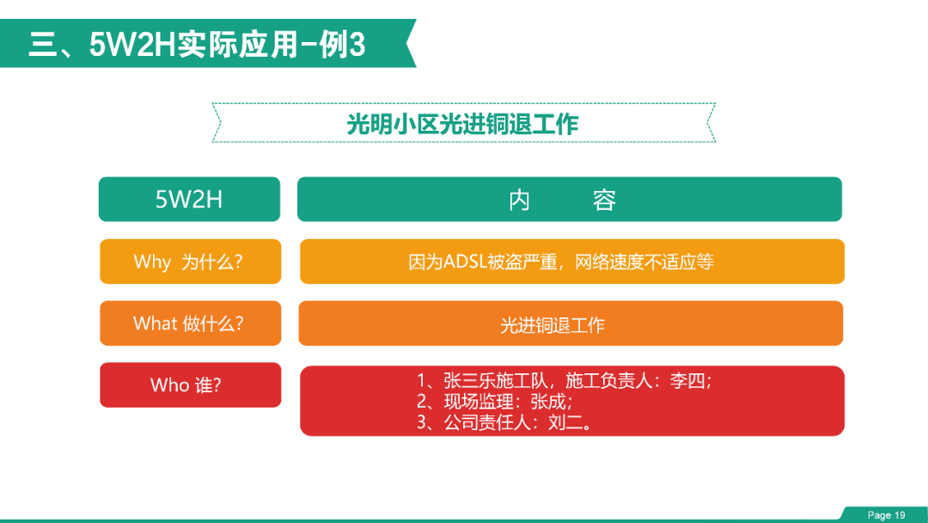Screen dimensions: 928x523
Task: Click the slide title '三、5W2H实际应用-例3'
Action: point(197,45)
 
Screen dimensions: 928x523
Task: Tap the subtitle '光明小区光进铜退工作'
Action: point(462,124)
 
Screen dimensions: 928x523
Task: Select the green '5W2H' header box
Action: point(189,199)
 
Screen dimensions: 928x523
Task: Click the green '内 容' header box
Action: point(570,199)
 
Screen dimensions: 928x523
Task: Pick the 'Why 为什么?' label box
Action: point(191,261)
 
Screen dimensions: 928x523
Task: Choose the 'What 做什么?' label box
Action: point(191,323)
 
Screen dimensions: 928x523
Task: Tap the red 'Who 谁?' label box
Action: point(191,385)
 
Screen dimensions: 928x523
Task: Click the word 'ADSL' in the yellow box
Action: point(465,261)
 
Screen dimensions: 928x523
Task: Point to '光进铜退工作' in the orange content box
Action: point(553,324)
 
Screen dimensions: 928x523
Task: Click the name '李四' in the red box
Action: point(687,380)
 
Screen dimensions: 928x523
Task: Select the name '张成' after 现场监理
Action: point(548,402)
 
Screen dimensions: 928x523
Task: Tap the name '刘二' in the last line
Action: point(565,422)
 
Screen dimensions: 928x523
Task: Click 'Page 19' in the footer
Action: point(886,515)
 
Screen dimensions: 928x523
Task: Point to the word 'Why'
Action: point(152,261)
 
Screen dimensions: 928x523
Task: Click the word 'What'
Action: point(155,323)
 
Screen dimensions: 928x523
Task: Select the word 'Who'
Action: point(169,385)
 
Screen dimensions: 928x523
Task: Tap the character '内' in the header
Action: point(519,200)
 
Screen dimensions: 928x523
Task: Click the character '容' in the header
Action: point(604,200)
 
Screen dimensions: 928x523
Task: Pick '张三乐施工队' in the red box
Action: point(496,380)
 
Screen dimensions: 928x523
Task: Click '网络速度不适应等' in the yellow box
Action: point(644,261)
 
